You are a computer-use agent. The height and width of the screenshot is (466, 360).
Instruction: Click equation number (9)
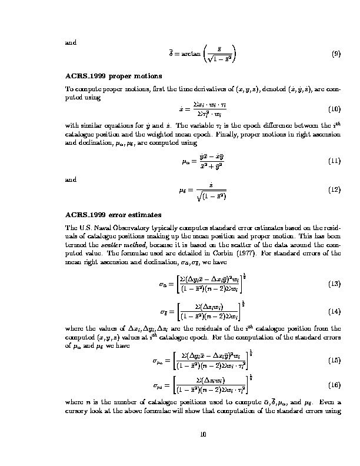(336, 54)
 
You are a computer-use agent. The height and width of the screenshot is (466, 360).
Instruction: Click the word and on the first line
(71, 42)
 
